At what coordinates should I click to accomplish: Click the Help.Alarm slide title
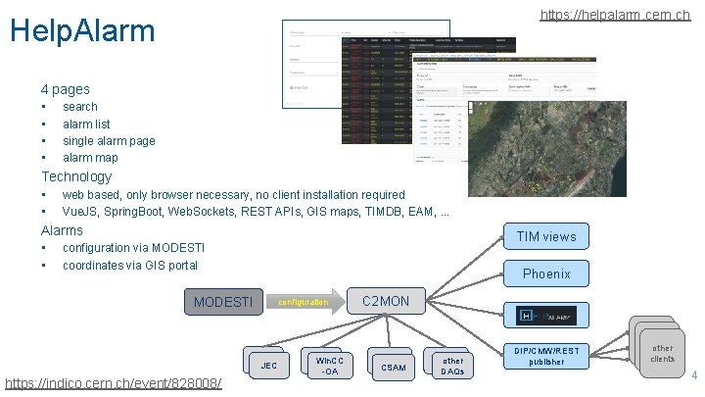click(x=82, y=29)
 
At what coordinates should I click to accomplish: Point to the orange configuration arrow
click(x=306, y=302)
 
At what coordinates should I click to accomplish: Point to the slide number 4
click(x=693, y=376)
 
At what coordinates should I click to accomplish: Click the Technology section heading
click(x=76, y=176)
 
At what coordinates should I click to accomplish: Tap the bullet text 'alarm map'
click(x=90, y=157)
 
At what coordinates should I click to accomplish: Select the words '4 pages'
click(x=66, y=89)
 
